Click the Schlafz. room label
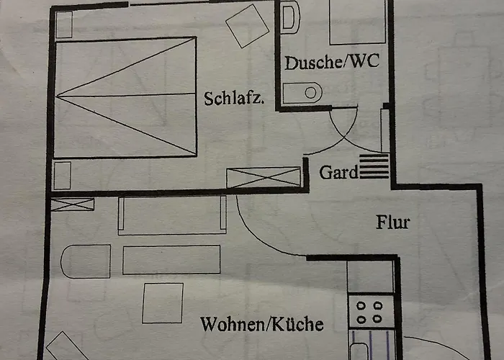(234, 99)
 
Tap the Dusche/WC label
(332, 62)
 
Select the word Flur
(393, 222)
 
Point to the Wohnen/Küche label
(261, 324)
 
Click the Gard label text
(338, 172)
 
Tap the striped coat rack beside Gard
(374, 166)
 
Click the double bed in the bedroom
(125, 97)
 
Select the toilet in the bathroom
(302, 93)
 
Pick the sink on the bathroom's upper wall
(290, 17)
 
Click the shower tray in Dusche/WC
(357, 22)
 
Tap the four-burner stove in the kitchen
(372, 311)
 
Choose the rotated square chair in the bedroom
(247, 26)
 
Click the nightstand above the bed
(63, 24)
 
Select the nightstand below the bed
(62, 176)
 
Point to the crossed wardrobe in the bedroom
(264, 177)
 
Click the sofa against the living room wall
(172, 215)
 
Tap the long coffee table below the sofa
(171, 260)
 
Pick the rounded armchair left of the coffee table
(86, 261)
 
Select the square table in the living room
(163, 303)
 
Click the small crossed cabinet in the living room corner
(72, 204)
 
